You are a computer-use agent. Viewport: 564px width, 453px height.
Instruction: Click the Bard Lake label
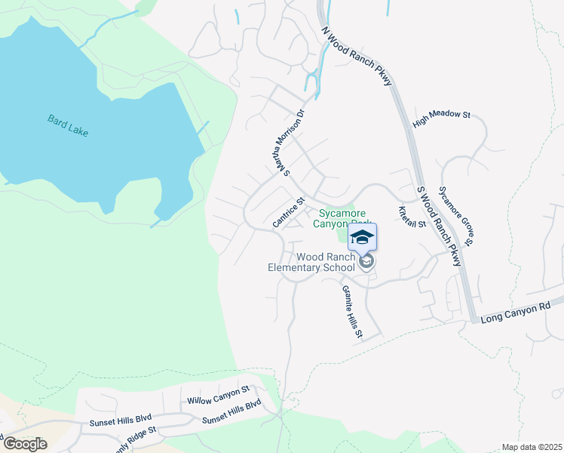(x=68, y=125)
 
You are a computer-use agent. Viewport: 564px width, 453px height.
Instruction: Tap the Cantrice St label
(x=287, y=212)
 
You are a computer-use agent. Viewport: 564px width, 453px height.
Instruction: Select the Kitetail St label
(x=412, y=217)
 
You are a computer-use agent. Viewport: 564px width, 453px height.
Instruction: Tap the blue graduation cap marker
(x=362, y=237)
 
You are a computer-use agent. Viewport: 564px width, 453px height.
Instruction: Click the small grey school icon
(x=366, y=262)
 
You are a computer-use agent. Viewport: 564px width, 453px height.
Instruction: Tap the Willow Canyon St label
(x=218, y=395)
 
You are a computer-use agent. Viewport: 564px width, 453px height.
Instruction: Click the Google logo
(x=25, y=443)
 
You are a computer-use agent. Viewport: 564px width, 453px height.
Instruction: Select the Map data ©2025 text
(x=532, y=447)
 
